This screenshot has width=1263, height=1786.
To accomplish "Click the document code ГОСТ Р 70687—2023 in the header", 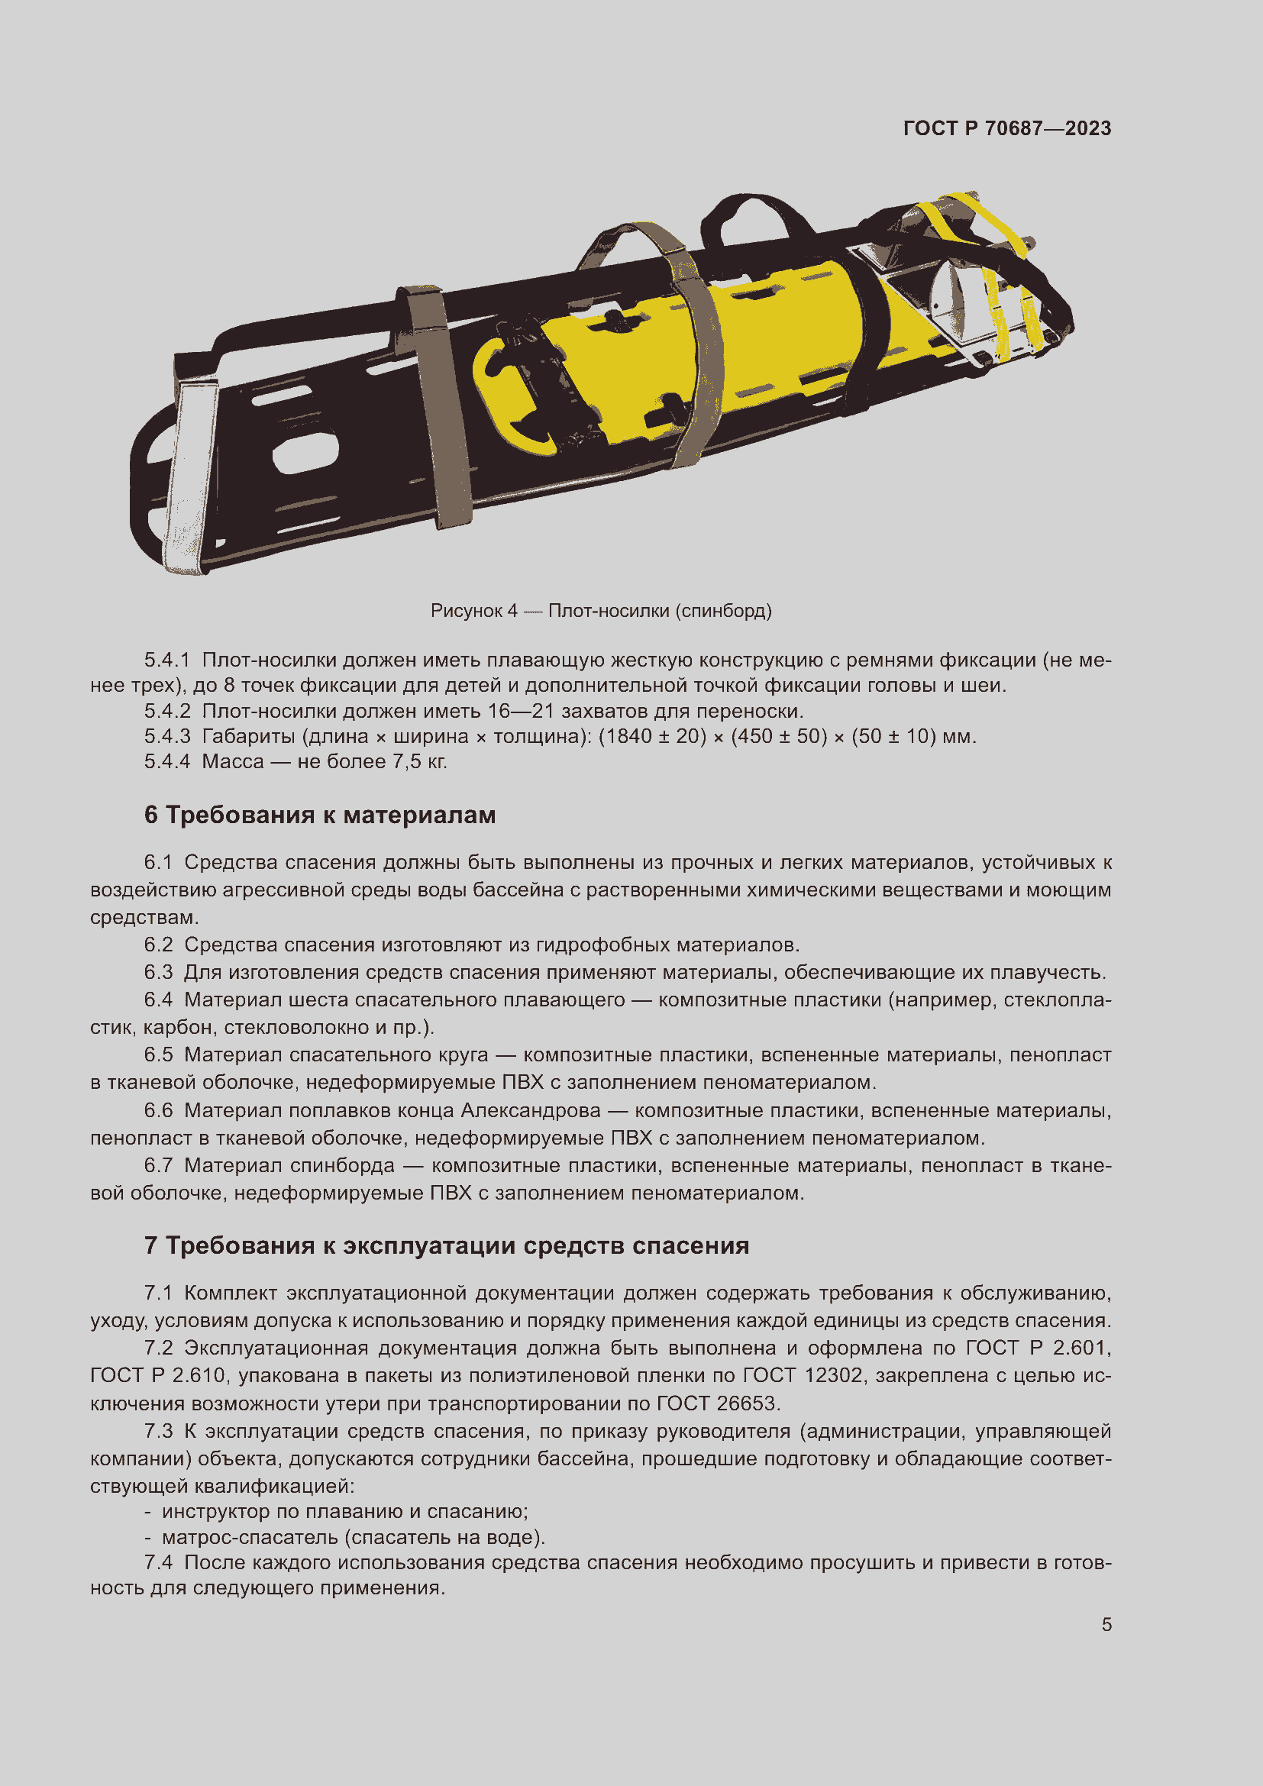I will tap(1006, 128).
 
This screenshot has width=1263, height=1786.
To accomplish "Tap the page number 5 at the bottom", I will tap(1106, 1624).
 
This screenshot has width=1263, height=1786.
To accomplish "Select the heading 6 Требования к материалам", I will tap(320, 815).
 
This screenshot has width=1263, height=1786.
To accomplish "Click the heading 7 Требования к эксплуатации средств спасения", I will tap(447, 1245).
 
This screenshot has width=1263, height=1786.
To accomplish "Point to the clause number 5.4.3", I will tap(167, 736).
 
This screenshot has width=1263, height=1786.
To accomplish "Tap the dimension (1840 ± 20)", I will tap(651, 736).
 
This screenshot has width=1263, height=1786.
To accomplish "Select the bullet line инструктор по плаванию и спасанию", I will tap(344, 1511).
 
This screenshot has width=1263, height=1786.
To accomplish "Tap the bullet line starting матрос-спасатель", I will tap(353, 1537).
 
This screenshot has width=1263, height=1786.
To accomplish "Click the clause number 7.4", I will tap(158, 1562).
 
